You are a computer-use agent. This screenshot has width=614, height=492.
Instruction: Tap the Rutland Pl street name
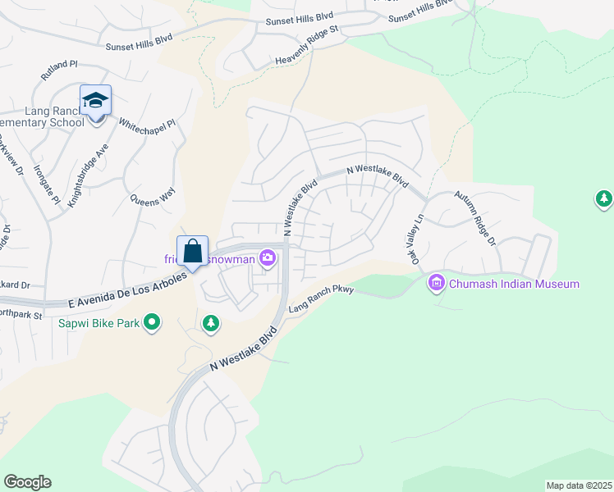pyautogui.click(x=58, y=74)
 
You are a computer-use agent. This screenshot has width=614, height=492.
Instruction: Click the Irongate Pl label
pyautogui.click(x=47, y=182)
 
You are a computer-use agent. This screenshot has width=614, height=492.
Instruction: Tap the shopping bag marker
pyautogui.click(x=192, y=251)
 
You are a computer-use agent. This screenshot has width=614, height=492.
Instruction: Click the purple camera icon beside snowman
pyautogui.click(x=268, y=259)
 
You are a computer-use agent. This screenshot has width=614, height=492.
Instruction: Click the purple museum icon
pyautogui.click(x=436, y=284)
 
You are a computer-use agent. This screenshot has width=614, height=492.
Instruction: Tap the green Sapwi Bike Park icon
pyautogui.click(x=151, y=323)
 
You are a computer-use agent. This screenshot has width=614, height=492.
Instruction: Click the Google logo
pyautogui.click(x=27, y=482)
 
